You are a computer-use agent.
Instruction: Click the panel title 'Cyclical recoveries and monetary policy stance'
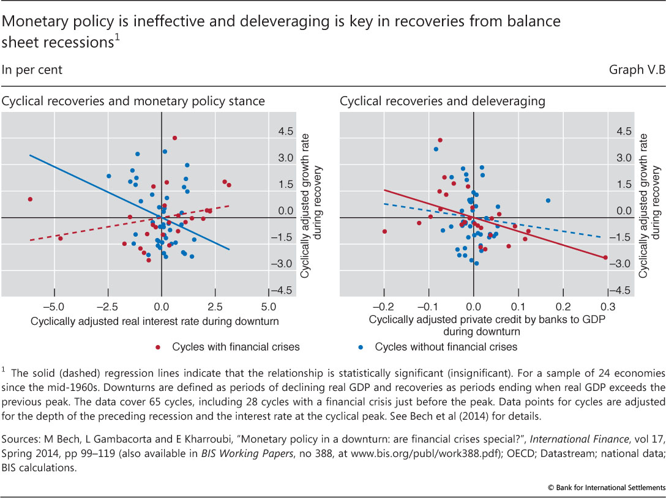pyautogui.click(x=133, y=101)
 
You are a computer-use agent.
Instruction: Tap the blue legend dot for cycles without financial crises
pyautogui.click(x=361, y=347)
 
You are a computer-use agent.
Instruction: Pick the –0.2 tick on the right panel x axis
pyautogui.click(x=384, y=306)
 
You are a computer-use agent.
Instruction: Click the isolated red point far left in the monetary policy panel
pyautogui.click(x=30, y=199)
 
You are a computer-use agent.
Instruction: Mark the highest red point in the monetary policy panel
pyautogui.click(x=174, y=138)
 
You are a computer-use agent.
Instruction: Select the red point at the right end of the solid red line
pyautogui.click(x=605, y=258)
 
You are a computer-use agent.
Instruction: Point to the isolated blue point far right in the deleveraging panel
pyautogui.click(x=548, y=201)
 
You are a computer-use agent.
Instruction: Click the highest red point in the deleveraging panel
pyautogui.click(x=440, y=140)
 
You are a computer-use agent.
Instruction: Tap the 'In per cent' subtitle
pyautogui.click(x=32, y=70)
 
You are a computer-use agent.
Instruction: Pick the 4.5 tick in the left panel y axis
pyautogui.click(x=283, y=132)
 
